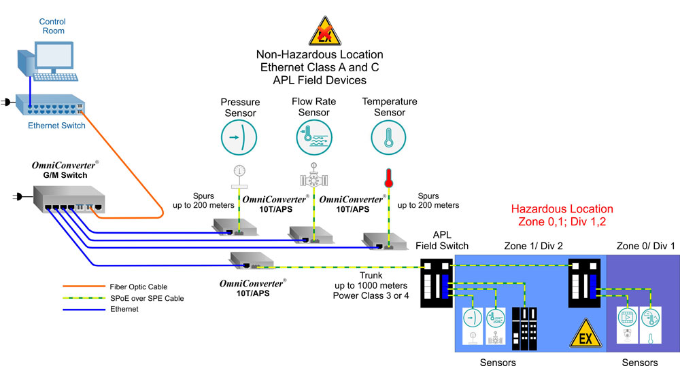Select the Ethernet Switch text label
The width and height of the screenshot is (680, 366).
tap(56, 126)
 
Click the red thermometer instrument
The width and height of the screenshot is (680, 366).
tap(389, 178)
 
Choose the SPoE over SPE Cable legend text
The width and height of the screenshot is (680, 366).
tap(146, 298)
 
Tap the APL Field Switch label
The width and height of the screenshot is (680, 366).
tap(442, 240)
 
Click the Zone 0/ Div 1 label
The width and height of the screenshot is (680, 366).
tap(645, 245)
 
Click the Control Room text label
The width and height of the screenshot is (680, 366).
tap(52, 26)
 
